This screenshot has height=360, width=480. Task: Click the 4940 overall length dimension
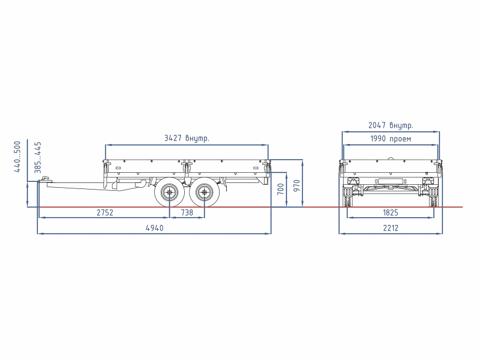click(x=155, y=228)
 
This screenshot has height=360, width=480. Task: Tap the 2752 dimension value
click(x=105, y=212)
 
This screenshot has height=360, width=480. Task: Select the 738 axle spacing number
click(x=187, y=212)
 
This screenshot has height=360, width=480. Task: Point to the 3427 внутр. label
click(x=187, y=138)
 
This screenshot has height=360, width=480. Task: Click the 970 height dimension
click(x=296, y=186)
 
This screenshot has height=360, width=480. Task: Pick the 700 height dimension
click(x=280, y=190)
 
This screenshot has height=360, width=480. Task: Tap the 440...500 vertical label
click(x=17, y=157)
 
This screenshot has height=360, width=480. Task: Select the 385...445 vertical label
click(x=38, y=157)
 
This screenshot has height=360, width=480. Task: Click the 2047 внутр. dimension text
click(x=391, y=125)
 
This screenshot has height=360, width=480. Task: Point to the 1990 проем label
click(x=391, y=139)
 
